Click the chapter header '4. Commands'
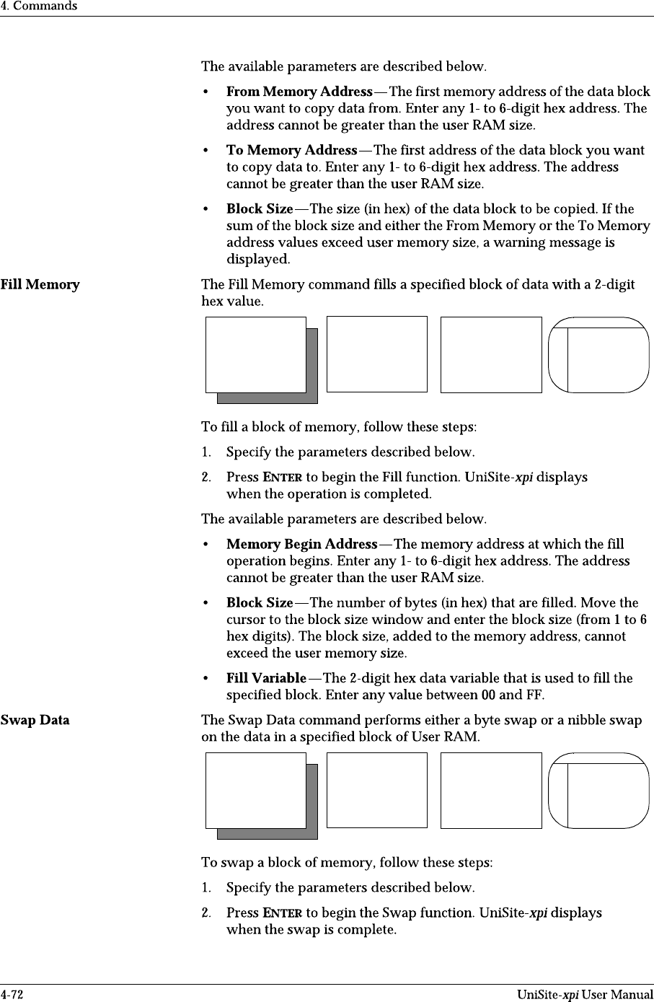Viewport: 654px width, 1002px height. point(38,6)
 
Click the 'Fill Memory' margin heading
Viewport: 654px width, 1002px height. point(40,284)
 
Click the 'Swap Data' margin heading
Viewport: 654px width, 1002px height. point(35,720)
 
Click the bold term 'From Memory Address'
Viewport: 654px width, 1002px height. point(299,92)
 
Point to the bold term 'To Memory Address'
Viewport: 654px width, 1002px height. point(291,151)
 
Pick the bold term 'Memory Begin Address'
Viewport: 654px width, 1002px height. point(301,545)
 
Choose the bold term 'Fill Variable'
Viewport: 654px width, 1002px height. point(266,678)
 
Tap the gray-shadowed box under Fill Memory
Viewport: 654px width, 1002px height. point(257,356)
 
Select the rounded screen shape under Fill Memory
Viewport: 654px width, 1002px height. point(598,355)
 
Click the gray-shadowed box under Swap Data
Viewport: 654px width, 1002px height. point(257,791)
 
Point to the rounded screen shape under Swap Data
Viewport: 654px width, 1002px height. point(598,791)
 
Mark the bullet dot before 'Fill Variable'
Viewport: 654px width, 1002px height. point(208,679)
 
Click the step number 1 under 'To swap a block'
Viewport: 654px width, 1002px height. point(206,888)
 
